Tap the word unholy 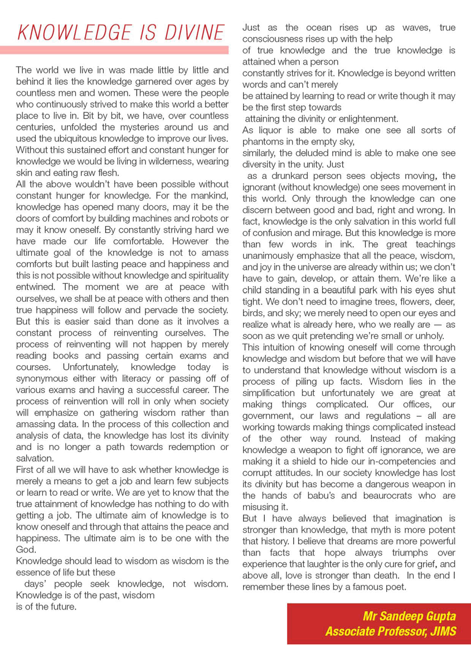(425, 335)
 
